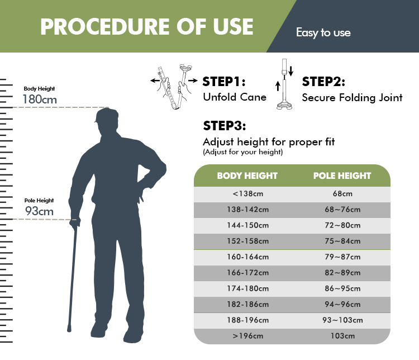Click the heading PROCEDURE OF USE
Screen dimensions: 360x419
tap(146, 26)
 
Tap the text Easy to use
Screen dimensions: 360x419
tap(323, 32)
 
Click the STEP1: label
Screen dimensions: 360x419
tap(224, 82)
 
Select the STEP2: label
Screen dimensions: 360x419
tap(323, 82)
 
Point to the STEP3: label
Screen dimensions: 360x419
tap(224, 125)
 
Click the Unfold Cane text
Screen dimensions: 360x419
tap(234, 97)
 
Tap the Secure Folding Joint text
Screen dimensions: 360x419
tap(352, 97)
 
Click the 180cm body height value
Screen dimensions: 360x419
tap(39, 100)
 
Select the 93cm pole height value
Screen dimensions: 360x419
tap(39, 211)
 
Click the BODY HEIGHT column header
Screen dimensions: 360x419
tap(247, 176)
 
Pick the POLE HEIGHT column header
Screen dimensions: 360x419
tap(342, 176)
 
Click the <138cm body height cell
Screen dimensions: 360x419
tap(247, 194)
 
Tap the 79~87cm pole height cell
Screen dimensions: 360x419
tap(342, 257)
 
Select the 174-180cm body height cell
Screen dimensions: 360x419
tap(247, 289)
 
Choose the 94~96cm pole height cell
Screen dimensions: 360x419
tap(342, 305)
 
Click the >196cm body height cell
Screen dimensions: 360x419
tap(247, 336)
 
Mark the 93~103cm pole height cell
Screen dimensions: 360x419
tap(342, 320)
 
